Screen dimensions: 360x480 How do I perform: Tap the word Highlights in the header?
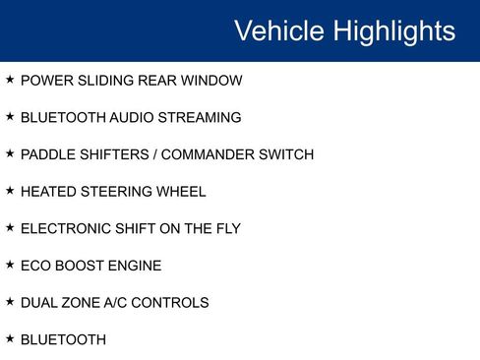[394, 30]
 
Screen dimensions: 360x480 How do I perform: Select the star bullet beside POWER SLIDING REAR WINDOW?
[10, 79]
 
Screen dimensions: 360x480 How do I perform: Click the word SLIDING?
[106, 80]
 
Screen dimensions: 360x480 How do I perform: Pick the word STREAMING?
[198, 117]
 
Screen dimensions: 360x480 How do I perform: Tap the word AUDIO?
[129, 117]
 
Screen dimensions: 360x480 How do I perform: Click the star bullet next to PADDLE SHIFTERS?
[10, 153]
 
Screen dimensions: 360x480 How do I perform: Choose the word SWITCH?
[284, 154]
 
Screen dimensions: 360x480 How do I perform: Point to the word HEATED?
[46, 192]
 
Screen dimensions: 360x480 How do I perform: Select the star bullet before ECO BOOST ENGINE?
[10, 265]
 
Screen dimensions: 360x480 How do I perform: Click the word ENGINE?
[134, 266]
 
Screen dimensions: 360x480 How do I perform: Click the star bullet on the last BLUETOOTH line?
[10, 338]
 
